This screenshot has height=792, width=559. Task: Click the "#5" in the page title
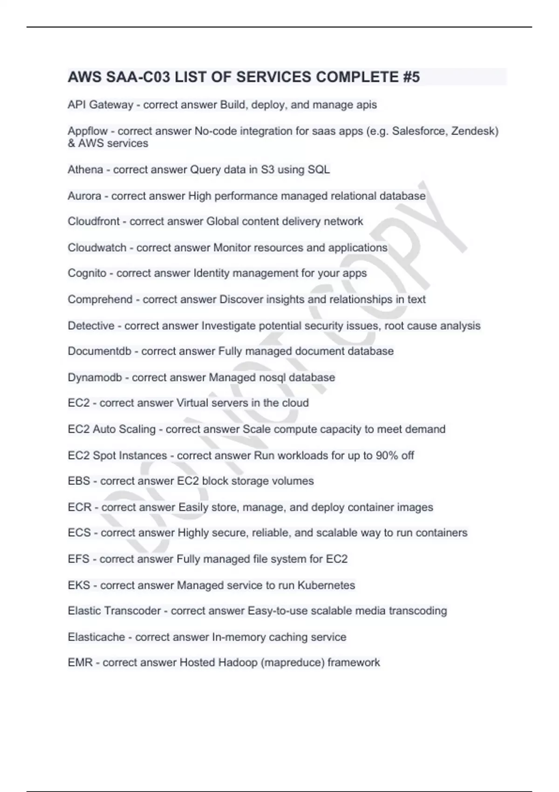pos(411,77)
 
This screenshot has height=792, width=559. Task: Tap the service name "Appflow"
pos(88,131)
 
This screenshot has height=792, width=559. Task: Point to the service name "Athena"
pos(85,170)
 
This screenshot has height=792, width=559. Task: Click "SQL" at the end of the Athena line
pos(319,170)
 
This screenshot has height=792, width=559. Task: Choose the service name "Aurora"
pos(84,196)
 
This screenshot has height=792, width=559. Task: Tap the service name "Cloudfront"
pos(94,221)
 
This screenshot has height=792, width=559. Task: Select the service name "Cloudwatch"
pos(97,247)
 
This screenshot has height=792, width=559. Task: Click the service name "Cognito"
pos(87,273)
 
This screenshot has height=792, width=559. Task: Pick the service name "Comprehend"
pos(100,299)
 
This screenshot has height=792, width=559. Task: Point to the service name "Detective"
pos(91,326)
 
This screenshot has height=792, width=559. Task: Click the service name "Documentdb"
pos(100,351)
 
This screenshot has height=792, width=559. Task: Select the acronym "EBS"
pos(79,481)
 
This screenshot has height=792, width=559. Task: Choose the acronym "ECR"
pos(80,507)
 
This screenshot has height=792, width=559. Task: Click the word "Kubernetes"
pos(326,585)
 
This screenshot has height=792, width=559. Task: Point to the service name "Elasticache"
pos(96,637)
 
